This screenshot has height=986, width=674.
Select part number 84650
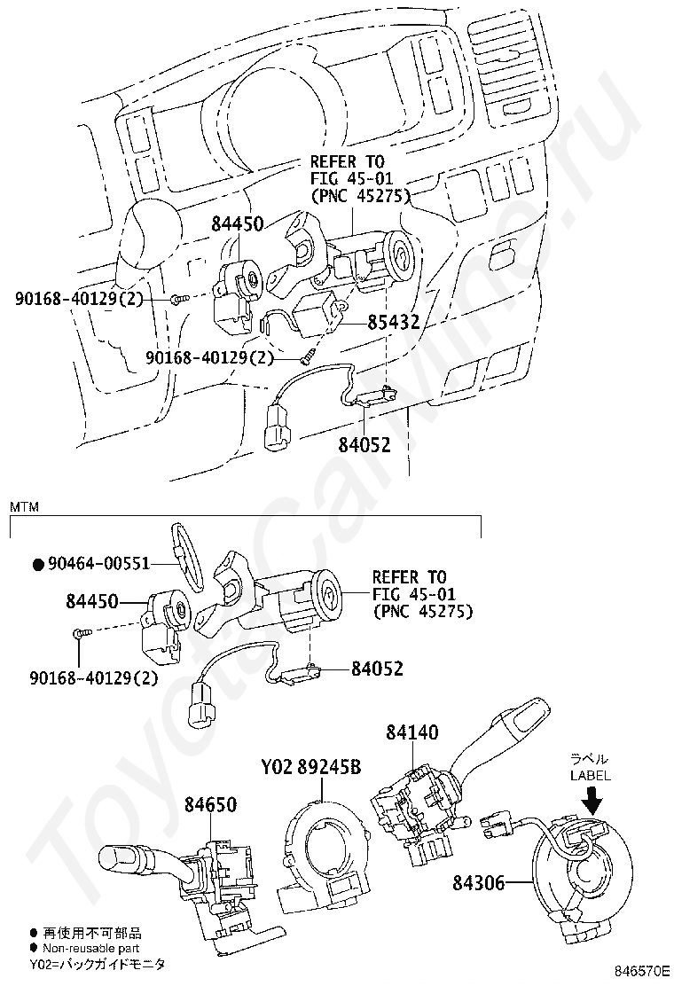(210, 804)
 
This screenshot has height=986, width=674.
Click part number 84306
(478, 883)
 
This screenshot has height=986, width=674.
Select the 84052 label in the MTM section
(377, 669)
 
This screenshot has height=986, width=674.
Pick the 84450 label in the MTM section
(91, 601)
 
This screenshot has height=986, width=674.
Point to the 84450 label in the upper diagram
(237, 224)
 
